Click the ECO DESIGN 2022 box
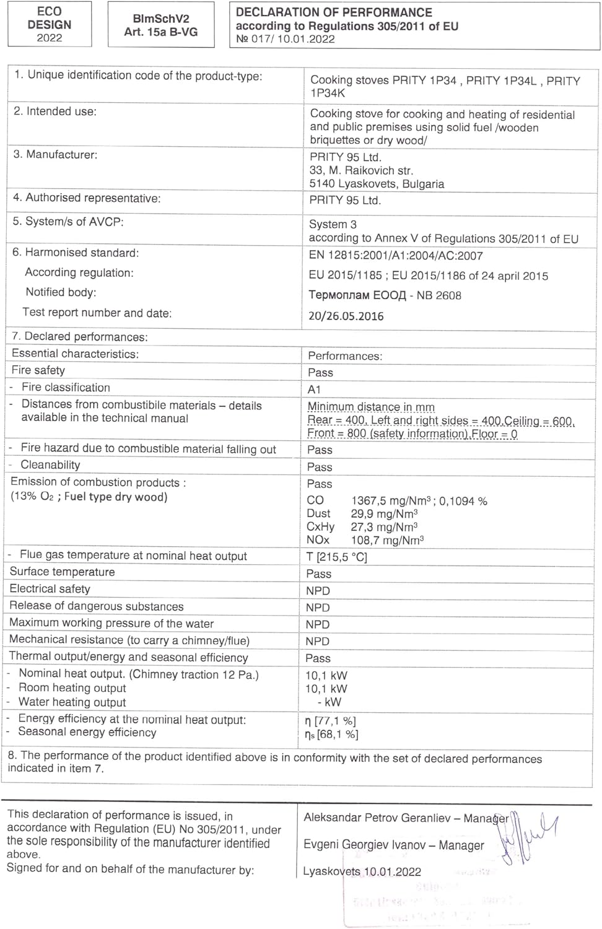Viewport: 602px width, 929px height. (50, 24)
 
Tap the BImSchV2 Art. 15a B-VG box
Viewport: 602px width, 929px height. (161, 25)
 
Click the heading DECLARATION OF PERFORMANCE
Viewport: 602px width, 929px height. (334, 12)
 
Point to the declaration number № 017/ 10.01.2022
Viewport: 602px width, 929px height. (286, 39)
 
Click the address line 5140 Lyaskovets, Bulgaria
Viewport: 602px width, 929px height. (377, 184)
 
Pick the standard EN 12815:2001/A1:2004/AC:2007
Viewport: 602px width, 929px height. (396, 256)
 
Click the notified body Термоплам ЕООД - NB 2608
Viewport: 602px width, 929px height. (385, 295)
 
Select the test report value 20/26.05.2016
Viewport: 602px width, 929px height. (346, 316)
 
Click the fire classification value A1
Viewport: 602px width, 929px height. (314, 390)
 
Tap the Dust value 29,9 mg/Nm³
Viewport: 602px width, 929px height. (384, 513)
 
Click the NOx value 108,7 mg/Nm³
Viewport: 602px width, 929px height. (387, 540)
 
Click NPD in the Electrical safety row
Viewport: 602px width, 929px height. (318, 591)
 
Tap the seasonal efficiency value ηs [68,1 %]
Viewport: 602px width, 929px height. (331, 735)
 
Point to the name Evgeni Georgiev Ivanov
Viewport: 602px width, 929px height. (364, 845)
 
